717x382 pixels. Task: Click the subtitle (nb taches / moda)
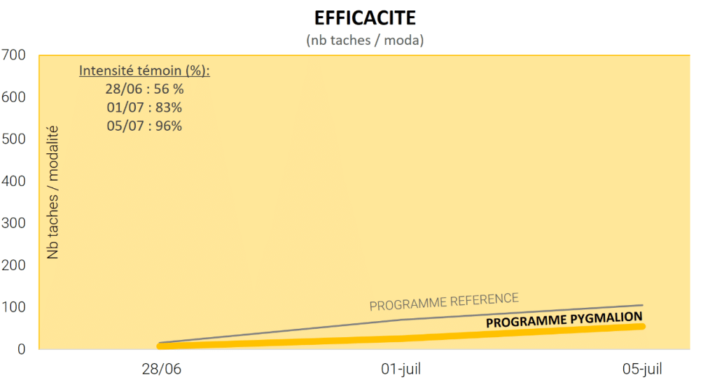(365, 41)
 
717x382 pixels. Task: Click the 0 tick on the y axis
(21, 349)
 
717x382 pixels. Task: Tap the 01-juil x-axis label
(401, 369)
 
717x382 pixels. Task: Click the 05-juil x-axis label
(641, 369)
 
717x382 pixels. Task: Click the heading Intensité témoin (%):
(144, 71)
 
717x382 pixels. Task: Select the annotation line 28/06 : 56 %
(144, 90)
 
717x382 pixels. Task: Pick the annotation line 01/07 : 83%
(144, 108)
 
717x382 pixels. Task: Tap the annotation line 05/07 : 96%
(144, 126)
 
